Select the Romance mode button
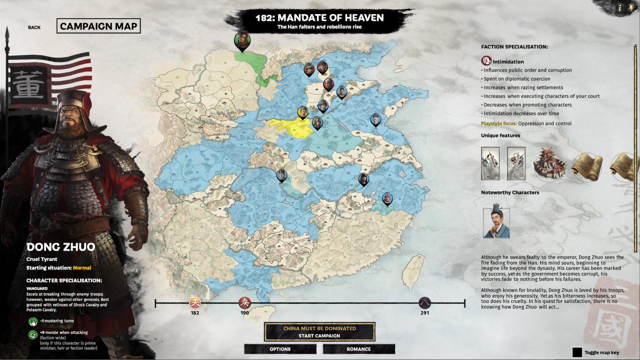click(x=358, y=349)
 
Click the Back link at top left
click(x=34, y=27)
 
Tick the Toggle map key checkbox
click(x=577, y=352)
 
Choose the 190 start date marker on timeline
click(x=244, y=303)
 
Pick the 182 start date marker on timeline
click(x=194, y=303)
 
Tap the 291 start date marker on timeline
click(x=424, y=303)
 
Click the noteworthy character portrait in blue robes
click(x=496, y=222)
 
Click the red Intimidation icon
click(x=486, y=61)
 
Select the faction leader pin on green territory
click(x=242, y=40)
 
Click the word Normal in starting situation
click(x=82, y=268)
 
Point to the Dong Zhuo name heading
click(x=60, y=247)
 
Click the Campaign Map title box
click(x=98, y=26)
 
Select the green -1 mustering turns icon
click(x=33, y=321)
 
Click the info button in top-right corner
click(x=619, y=7)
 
